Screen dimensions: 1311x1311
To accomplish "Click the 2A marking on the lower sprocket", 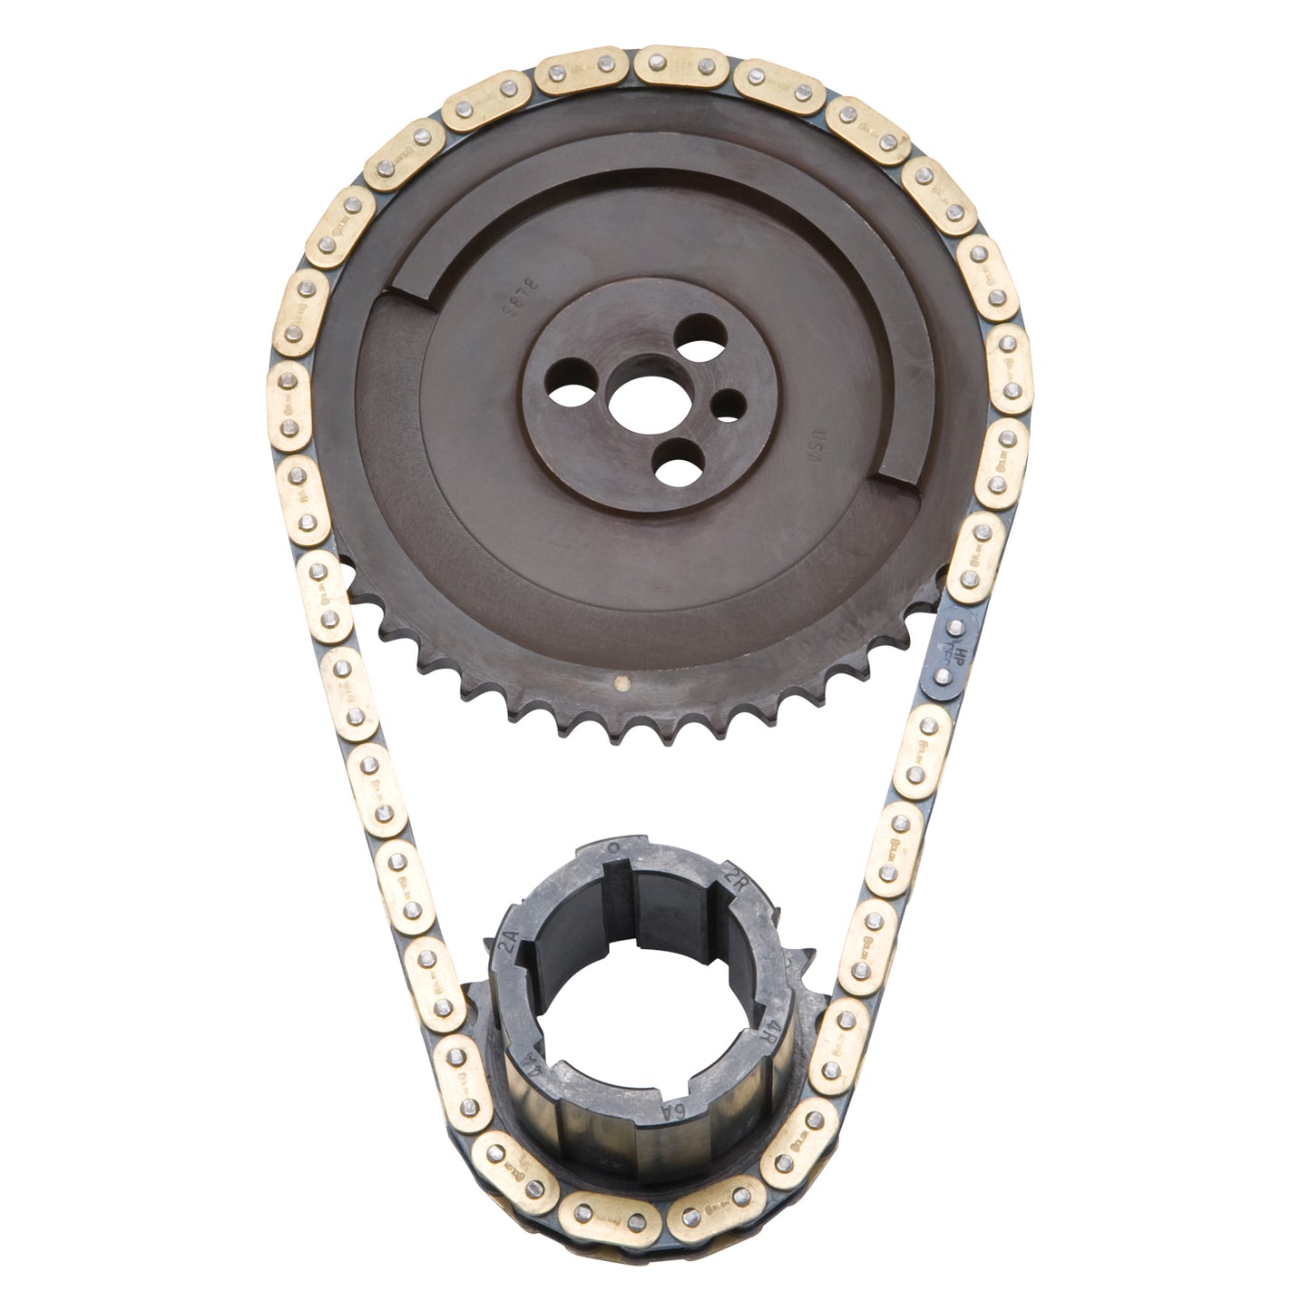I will pyautogui.click(x=510, y=951).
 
